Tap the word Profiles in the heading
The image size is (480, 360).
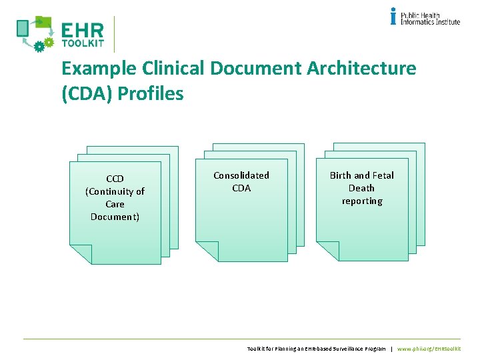[151, 93]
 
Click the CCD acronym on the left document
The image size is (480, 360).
[115, 179]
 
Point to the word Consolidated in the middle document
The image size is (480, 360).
[241, 175]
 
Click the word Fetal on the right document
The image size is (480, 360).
[383, 175]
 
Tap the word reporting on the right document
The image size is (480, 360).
[362, 201]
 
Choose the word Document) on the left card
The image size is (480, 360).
[115, 217]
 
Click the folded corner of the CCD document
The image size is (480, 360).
[81, 253]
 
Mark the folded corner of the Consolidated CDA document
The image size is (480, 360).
[206, 250]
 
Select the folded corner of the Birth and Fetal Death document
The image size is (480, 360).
[327, 250]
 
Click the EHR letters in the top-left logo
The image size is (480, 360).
[83, 31]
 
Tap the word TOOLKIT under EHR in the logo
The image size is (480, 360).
[83, 43]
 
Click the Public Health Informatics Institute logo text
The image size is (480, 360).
[430, 18]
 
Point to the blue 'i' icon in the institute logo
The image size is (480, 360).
[393, 16]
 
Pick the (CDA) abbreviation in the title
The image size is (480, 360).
[87, 93]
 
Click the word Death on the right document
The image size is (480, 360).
[362, 188]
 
